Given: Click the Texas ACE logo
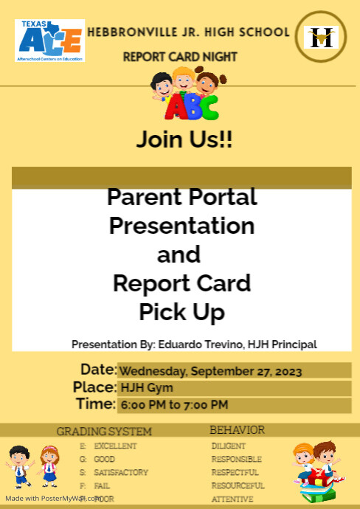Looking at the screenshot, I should pyautogui.click(x=49, y=41).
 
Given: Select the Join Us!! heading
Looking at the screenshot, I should pyautogui.click(x=184, y=140).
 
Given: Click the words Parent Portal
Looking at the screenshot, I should pyautogui.click(x=181, y=198).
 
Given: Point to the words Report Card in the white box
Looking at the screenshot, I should pyautogui.click(x=181, y=283).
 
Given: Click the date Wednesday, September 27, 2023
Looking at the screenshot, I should pyautogui.click(x=210, y=371).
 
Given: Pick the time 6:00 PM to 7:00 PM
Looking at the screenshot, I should pyautogui.click(x=174, y=405).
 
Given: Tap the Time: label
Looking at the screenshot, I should pyautogui.click(x=96, y=404).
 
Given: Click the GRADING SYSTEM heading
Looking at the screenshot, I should pyautogui.click(x=104, y=432).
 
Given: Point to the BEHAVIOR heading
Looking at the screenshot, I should pyautogui.click(x=237, y=429).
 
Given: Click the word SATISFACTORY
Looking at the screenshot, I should pyautogui.click(x=121, y=472).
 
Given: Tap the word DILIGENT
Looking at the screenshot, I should pyautogui.click(x=229, y=446).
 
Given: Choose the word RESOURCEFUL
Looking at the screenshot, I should pyautogui.click(x=237, y=485).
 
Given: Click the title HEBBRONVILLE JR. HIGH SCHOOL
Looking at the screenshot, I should pyautogui.click(x=188, y=32).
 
